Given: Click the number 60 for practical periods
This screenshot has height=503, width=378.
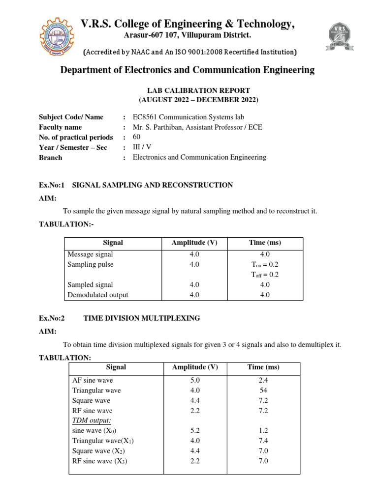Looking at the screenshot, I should tap(137, 137).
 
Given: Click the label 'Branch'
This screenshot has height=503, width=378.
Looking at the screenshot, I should tap(51, 158).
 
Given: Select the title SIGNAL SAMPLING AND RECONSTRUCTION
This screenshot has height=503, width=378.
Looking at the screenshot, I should tap(152, 185).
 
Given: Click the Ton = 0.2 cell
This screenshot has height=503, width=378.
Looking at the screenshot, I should tap(264, 264).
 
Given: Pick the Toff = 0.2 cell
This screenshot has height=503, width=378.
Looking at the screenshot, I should tap(264, 275).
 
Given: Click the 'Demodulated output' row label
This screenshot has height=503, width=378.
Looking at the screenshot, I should tap(97, 295).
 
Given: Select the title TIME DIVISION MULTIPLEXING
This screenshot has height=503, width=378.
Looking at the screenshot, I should tap(142, 318).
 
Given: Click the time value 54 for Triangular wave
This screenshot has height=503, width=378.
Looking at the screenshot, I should tap(263, 391).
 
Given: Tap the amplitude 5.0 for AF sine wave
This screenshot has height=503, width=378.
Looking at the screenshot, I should tap(194, 380).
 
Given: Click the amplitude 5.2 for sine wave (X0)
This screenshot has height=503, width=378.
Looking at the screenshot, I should tap(194, 431).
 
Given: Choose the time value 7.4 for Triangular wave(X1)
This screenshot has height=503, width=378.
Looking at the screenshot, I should tap(263, 441).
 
